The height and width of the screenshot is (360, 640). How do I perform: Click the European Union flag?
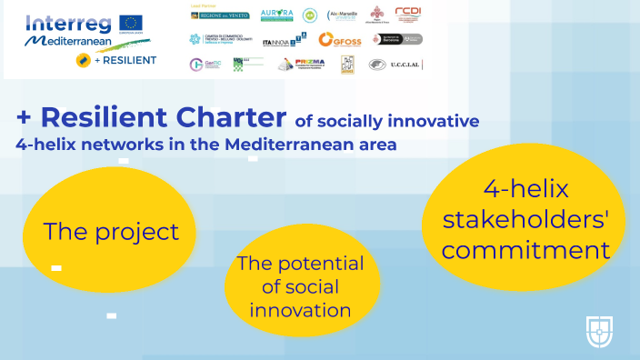[x=131, y=22]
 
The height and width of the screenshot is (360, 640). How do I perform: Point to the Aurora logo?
[x=276, y=15]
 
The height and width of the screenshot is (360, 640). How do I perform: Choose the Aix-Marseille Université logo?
[x=343, y=15]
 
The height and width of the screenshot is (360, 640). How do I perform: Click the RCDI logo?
[x=409, y=14]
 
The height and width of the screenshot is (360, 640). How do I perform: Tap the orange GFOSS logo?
[x=341, y=39]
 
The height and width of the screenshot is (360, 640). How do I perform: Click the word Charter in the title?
[x=227, y=118]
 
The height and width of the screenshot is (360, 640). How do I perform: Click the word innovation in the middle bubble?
[x=300, y=310]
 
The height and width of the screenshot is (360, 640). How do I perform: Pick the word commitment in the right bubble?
[x=521, y=250]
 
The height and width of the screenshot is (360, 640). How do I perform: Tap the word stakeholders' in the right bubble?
[x=521, y=221]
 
